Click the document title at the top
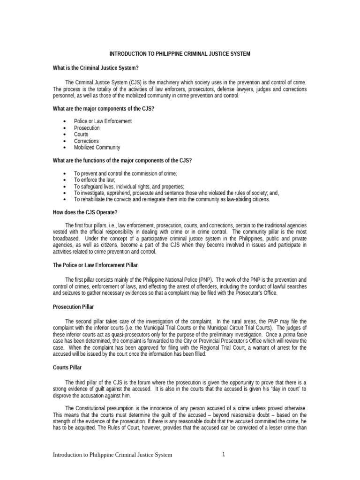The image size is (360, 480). (x=180, y=54)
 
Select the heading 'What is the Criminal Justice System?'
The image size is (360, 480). (x=96, y=68)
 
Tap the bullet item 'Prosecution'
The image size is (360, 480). (x=87, y=128)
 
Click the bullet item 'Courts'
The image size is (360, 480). (x=82, y=135)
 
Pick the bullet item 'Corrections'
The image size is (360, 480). (x=86, y=141)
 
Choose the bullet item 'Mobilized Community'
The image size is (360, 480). (x=97, y=148)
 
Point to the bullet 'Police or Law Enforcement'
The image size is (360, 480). (x=103, y=121)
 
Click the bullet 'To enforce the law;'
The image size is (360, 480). (x=94, y=180)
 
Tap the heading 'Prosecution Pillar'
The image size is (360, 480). (x=73, y=307)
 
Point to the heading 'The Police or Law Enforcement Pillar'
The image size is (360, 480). (x=95, y=265)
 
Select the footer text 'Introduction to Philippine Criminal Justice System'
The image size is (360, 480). (x=112, y=455)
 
